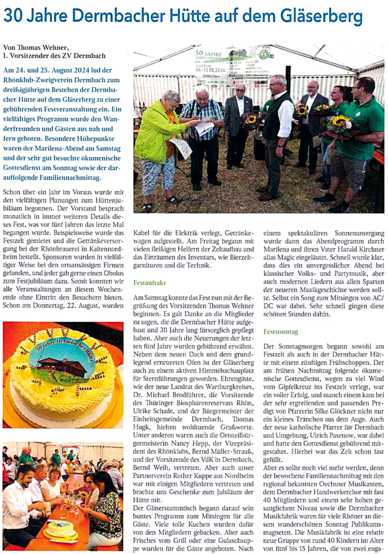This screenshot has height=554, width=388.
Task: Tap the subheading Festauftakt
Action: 150,283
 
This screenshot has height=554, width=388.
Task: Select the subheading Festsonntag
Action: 281,332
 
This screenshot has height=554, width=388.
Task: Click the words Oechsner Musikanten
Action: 348,484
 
